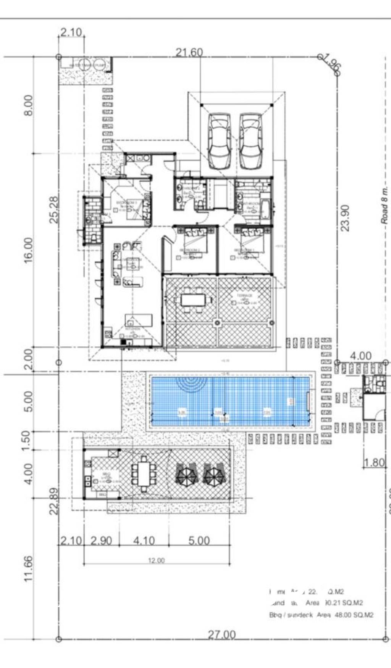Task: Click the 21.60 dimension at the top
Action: pyautogui.click(x=189, y=52)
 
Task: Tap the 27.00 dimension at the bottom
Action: pyautogui.click(x=221, y=635)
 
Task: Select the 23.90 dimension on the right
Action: pyautogui.click(x=345, y=218)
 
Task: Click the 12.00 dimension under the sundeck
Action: pyautogui.click(x=156, y=560)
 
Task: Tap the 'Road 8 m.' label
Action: pyautogui.click(x=384, y=205)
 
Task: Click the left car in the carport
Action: pyautogui.click(x=220, y=141)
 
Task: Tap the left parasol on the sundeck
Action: pyautogui.click(x=186, y=475)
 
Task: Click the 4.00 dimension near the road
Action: pyautogui.click(x=360, y=356)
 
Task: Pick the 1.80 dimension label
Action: pyautogui.click(x=374, y=463)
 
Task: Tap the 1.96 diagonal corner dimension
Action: pyautogui.click(x=331, y=64)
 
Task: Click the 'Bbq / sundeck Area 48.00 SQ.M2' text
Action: pyautogui.click(x=321, y=615)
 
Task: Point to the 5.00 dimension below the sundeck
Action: pyautogui.click(x=199, y=541)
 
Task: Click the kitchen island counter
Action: pyautogui.click(x=139, y=320)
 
